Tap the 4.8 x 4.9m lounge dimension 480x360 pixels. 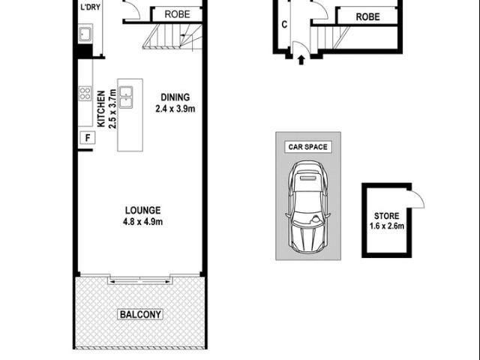(x=144, y=221)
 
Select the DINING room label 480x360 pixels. (x=175, y=97)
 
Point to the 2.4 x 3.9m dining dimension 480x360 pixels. (x=175, y=108)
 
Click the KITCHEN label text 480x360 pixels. (x=100, y=108)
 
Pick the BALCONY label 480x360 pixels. (x=140, y=315)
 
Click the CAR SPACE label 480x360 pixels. (x=307, y=147)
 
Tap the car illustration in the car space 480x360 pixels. (x=307, y=209)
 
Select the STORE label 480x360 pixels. (x=386, y=216)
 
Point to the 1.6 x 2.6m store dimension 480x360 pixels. (x=386, y=226)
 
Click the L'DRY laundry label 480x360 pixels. (x=90, y=7)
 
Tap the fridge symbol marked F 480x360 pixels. (x=87, y=137)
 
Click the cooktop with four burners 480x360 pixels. (x=85, y=94)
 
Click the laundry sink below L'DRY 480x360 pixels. (x=85, y=34)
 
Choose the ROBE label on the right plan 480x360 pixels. (x=367, y=16)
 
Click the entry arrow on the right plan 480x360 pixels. (x=301, y=58)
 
